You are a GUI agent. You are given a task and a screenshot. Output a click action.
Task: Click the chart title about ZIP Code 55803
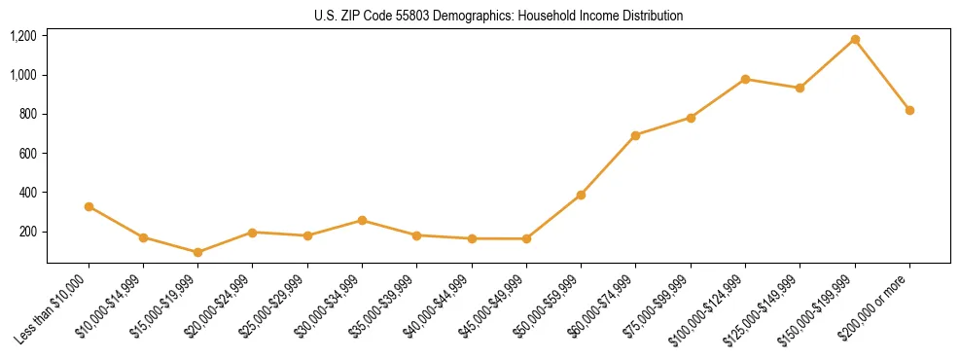[x=498, y=16]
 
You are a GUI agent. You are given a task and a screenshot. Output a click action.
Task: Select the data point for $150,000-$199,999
[x=855, y=40]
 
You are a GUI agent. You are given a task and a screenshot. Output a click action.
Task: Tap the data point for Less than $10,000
[x=89, y=206]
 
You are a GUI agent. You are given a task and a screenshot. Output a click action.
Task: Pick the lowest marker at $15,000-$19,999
[x=198, y=252]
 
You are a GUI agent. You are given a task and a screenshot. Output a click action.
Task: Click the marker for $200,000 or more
[x=909, y=110]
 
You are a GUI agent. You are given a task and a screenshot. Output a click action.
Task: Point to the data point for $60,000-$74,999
[x=636, y=135]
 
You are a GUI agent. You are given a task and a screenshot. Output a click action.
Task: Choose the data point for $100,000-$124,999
[x=745, y=79]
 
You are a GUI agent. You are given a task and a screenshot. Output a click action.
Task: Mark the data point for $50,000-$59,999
[x=581, y=195]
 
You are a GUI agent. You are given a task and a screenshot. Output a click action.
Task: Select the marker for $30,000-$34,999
[x=362, y=220]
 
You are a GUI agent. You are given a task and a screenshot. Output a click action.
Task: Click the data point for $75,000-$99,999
[x=691, y=118]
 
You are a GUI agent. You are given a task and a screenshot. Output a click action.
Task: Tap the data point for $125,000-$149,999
[x=800, y=88]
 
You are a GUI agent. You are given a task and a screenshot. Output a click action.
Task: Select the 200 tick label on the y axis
[x=27, y=232]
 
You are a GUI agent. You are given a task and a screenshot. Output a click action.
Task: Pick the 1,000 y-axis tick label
[x=22, y=75]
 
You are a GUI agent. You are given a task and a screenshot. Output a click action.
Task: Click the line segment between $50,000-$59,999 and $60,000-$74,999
[x=608, y=165]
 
